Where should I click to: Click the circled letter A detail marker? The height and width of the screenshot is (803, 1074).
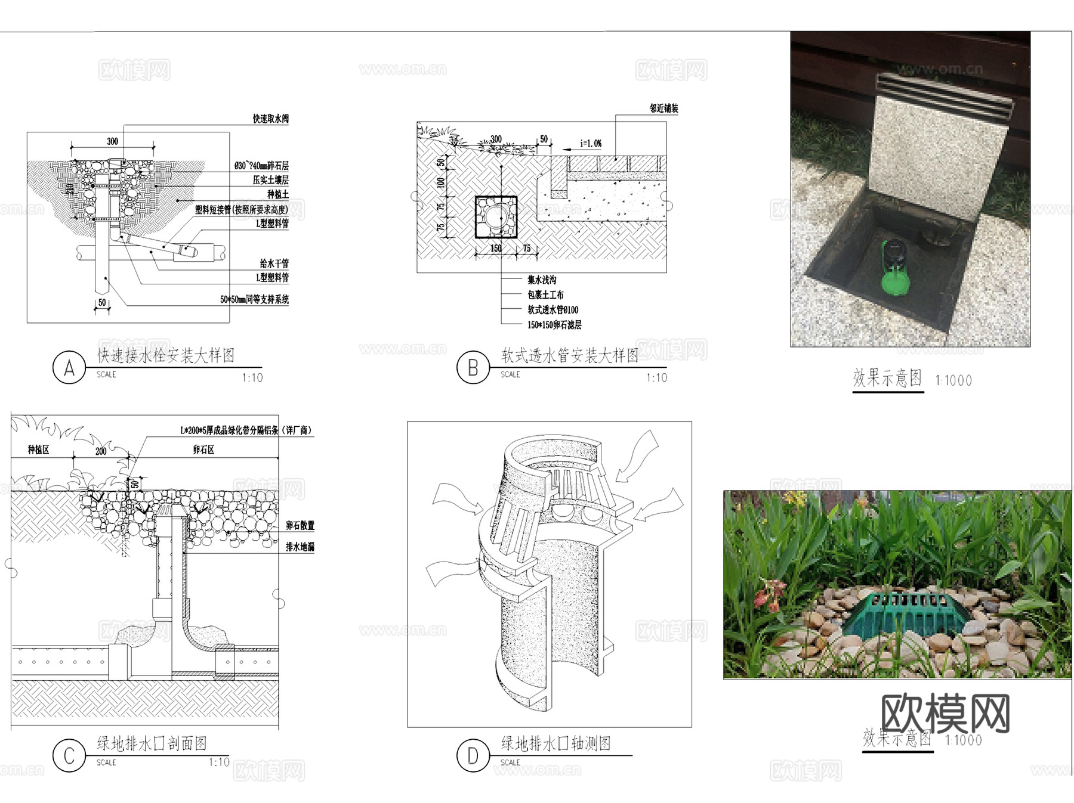69,368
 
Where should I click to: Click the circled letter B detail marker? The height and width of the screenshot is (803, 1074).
473,368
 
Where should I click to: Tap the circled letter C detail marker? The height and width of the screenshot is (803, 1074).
69,756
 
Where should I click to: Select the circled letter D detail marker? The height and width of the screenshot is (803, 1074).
473,756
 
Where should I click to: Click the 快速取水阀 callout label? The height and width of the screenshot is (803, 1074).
270,119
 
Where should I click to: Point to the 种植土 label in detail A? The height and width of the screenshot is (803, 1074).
277,194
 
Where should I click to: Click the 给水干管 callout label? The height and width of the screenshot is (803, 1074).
274,263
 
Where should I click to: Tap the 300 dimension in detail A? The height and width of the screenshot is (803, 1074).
112,141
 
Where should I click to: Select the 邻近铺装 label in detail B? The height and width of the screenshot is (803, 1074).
663,108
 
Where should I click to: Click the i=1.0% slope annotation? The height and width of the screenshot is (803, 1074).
591,144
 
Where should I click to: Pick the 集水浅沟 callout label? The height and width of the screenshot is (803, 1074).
542,280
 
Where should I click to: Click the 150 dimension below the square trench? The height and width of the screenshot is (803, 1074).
496,248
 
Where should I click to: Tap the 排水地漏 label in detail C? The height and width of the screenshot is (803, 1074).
300,547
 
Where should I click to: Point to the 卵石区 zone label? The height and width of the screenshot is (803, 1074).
203,449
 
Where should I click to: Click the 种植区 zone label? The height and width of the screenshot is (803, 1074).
38,449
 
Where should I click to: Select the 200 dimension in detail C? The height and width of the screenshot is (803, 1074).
101,451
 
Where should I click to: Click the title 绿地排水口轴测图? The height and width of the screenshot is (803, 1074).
555,743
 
